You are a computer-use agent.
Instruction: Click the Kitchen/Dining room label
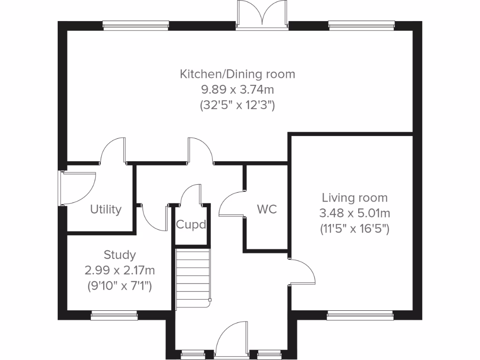[x=238, y=74]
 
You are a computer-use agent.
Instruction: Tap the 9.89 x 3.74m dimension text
[x=238, y=90]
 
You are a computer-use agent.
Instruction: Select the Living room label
[x=354, y=197]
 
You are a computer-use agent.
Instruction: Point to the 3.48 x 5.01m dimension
[x=354, y=214]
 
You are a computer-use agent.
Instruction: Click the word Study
[x=120, y=255]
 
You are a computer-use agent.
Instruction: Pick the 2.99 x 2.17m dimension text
[x=120, y=270]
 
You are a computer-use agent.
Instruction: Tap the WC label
[x=267, y=209]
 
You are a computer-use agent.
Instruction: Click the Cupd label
[x=191, y=225]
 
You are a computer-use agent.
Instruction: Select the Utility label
[x=106, y=209]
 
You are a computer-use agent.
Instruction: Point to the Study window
[x=114, y=315]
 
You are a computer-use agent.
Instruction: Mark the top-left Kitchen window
[x=135, y=26]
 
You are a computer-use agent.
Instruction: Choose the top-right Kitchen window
[x=361, y=26]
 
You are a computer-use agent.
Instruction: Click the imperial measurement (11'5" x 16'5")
[x=354, y=230]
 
